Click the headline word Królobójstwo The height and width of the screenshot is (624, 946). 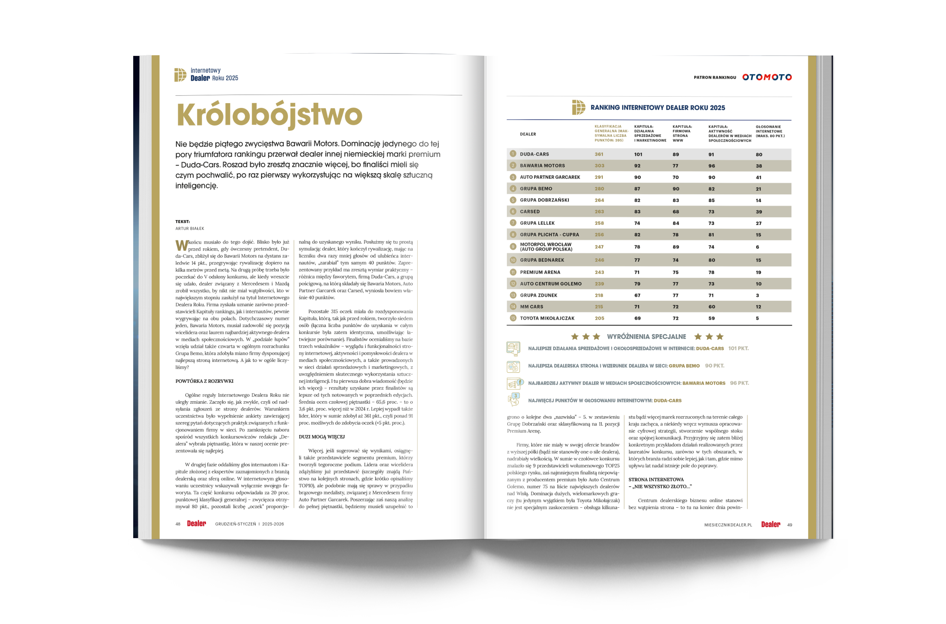click(269, 115)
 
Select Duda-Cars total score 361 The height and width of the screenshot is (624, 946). click(599, 154)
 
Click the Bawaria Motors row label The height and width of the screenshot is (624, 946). click(542, 165)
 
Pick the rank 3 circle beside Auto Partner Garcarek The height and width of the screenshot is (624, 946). click(513, 177)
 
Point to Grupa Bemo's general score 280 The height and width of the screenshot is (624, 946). click(599, 189)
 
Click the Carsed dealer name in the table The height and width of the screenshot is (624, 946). click(529, 212)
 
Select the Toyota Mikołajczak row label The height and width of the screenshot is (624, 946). click(547, 318)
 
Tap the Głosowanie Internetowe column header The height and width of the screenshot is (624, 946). click(769, 131)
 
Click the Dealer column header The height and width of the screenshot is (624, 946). click(528, 134)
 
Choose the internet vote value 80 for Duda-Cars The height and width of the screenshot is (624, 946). click(758, 154)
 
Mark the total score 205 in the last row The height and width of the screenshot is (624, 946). click(599, 318)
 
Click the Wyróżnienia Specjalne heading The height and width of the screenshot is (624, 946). click(646, 337)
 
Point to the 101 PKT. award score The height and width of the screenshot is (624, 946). click(738, 349)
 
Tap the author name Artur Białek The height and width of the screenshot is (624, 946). click(190, 228)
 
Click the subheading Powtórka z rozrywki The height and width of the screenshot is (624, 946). click(204, 381)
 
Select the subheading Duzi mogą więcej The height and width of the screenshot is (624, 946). click(321, 437)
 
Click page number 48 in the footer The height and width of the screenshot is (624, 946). click(177, 524)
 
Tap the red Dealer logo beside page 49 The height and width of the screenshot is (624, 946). click(770, 525)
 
